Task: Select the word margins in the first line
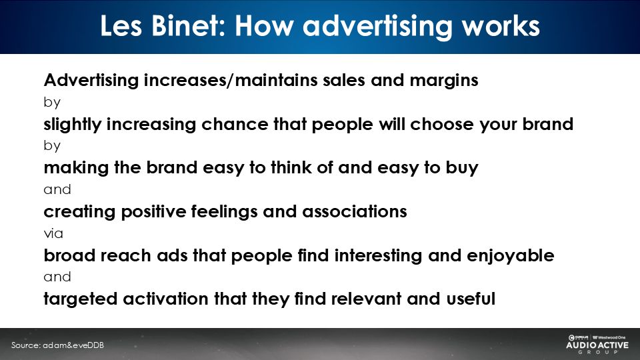click(444, 81)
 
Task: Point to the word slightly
click(72, 125)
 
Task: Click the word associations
click(354, 211)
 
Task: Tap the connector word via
click(53, 233)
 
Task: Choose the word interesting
click(378, 256)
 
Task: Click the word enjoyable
click(510, 256)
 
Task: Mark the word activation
click(166, 299)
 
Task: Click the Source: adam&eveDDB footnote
click(57, 345)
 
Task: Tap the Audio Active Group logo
click(597, 344)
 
